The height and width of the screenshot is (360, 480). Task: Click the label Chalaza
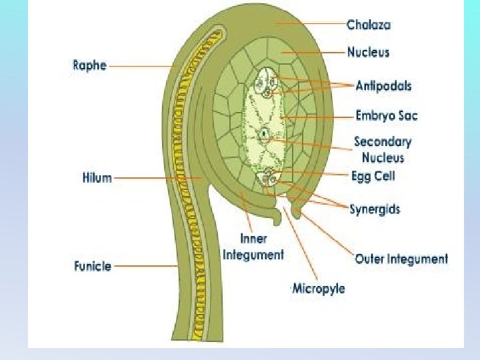tap(368, 25)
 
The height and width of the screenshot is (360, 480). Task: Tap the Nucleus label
tap(368, 51)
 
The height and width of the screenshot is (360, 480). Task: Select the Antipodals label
tap(383, 85)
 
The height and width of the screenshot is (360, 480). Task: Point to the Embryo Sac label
tap(387, 116)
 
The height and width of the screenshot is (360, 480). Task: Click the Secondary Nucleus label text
tap(383, 149)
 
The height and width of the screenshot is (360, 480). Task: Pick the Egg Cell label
tap(373, 176)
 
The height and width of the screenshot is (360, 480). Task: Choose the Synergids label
tap(375, 209)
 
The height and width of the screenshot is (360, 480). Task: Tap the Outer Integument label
tap(401, 259)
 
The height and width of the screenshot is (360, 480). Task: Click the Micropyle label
tap(319, 289)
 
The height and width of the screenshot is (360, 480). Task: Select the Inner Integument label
tap(253, 247)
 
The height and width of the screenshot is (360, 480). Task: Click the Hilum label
tap(97, 178)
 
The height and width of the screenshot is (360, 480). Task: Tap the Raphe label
tap(89, 66)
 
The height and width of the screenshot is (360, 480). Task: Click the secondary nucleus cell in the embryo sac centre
tap(265, 134)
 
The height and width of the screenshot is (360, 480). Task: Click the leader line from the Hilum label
tap(160, 178)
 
